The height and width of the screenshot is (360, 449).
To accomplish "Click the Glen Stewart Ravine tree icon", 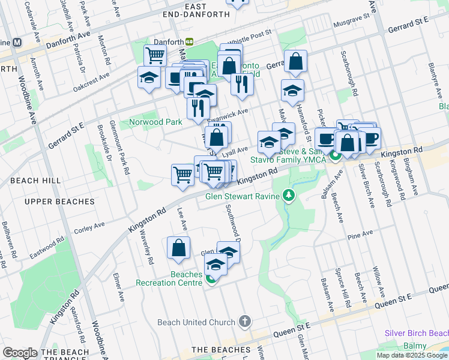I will tap(289, 196).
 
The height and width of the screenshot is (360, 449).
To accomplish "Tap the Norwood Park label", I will tap(155, 122).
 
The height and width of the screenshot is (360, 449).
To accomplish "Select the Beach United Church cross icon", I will tap(244, 322).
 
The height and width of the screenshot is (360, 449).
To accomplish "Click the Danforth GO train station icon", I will tap(189, 41).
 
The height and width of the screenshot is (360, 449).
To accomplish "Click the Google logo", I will tap(20, 353).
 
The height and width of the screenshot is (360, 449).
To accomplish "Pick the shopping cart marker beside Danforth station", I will tap(155, 55).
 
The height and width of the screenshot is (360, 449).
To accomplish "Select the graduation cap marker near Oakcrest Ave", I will tap(149, 77).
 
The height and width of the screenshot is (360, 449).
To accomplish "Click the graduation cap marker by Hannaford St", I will tap(293, 90).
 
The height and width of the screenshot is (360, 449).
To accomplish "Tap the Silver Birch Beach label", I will tap(417, 333).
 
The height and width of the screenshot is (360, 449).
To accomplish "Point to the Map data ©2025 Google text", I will tap(412, 355).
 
